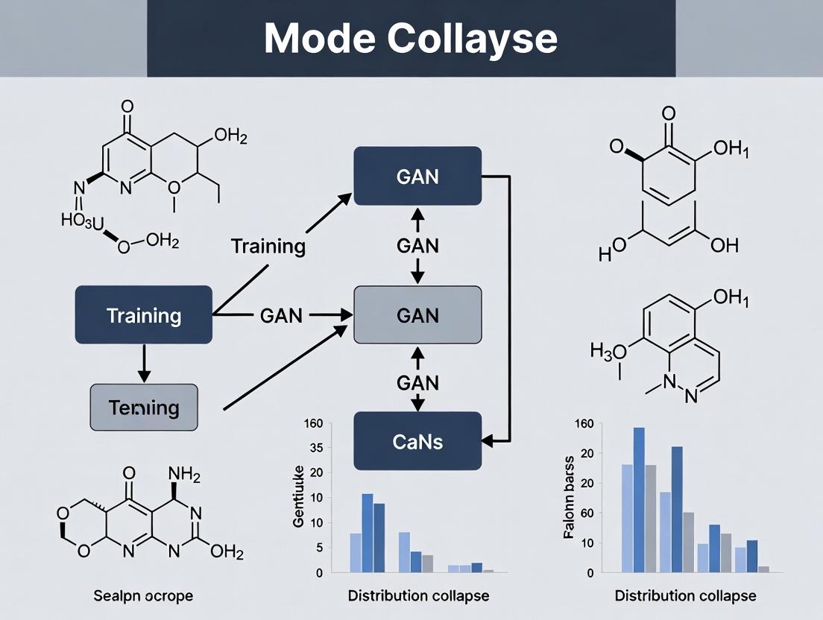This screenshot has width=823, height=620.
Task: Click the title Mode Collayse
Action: pos(411,39)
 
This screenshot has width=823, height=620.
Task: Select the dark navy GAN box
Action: pos(417,177)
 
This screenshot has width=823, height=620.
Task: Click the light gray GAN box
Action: pos(417,315)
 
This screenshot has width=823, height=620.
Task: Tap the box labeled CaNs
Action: pos(417,441)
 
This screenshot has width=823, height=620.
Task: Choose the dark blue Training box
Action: pos(144,315)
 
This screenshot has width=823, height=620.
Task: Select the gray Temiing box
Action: pos(144,408)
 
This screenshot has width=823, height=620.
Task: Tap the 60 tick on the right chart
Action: pos(588,513)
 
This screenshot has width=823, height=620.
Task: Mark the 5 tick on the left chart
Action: pos(318,548)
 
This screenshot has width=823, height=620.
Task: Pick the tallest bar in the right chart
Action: pos(639,499)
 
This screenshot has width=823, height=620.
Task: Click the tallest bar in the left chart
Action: pos(368,532)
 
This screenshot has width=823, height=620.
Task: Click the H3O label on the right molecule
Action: pos(605,349)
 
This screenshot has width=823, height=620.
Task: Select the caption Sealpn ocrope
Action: pos(144,596)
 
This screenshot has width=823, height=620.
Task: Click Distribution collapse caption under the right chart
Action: pos(685,596)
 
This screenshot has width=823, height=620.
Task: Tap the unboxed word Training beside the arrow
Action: pos(268,247)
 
